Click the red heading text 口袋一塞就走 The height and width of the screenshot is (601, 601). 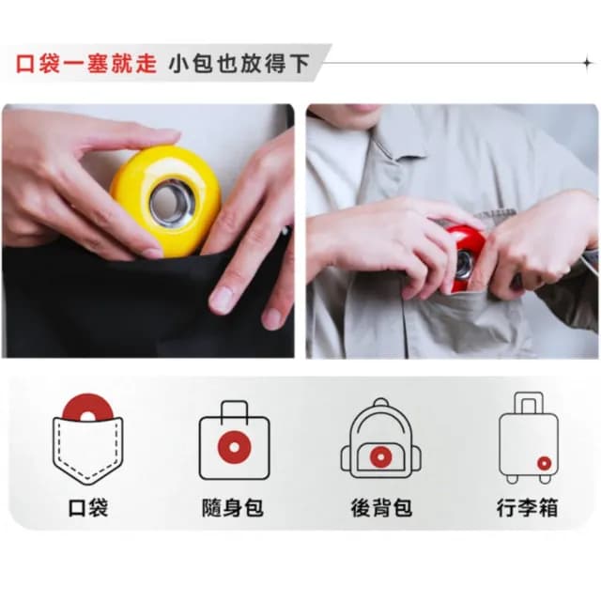point(86,65)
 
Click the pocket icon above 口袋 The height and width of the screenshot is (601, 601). point(87,439)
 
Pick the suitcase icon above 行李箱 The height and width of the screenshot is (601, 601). point(528,438)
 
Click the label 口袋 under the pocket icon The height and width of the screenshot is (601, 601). point(88,508)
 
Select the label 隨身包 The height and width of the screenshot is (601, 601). point(233,508)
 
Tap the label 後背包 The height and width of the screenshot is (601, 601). point(381,508)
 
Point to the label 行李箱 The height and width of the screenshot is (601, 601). point(528,508)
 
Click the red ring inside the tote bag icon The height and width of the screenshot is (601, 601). point(234,448)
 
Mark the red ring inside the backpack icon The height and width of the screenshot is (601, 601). point(380,456)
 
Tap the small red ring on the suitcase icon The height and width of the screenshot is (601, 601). point(544,462)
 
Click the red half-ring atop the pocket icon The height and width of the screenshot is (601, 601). point(87,408)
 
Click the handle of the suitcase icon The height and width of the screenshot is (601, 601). point(528,402)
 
